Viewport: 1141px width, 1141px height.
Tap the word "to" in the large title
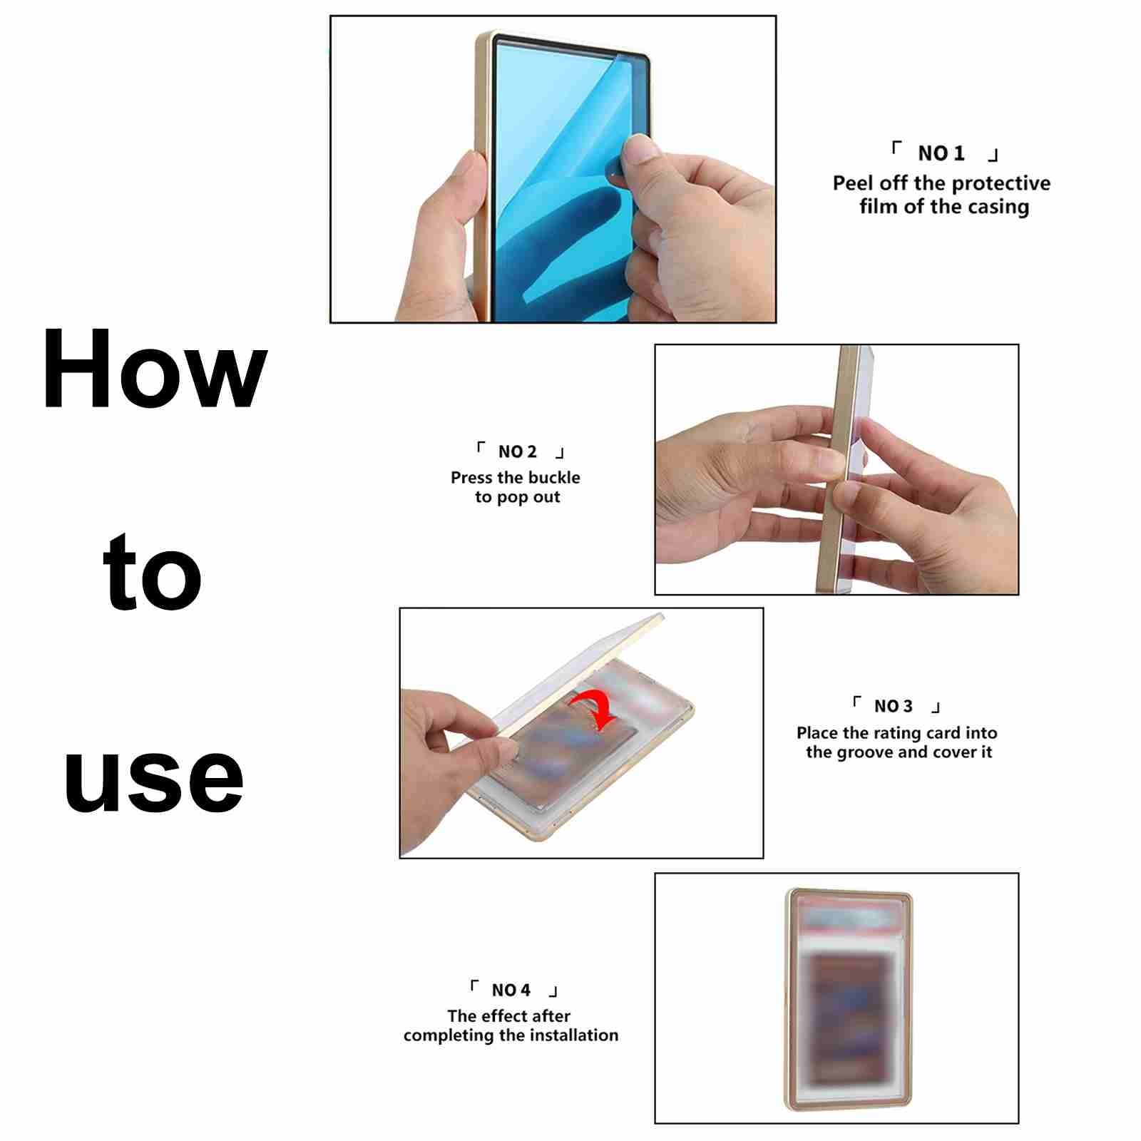tap(153, 573)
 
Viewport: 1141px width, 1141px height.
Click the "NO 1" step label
tap(941, 153)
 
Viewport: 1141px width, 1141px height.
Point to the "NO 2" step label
tap(517, 452)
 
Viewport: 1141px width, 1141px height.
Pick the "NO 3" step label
tap(893, 706)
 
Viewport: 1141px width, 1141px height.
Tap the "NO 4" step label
tap(511, 990)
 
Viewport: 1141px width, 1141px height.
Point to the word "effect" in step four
tap(502, 1015)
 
